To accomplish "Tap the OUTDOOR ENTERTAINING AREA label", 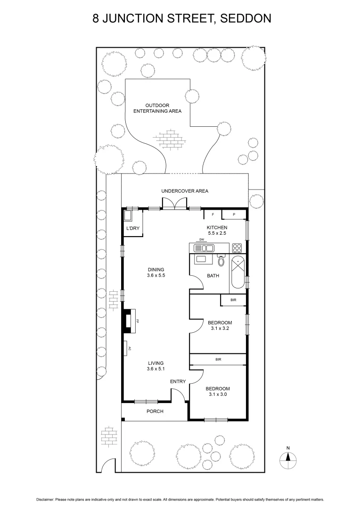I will click(157, 108).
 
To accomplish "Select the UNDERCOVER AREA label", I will click(185, 191).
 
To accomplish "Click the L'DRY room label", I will click(131, 229).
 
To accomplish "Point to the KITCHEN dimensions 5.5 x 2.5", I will click(217, 233).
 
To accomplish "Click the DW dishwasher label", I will click(202, 240).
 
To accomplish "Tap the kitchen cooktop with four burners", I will click(237, 247).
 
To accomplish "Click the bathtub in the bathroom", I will click(237, 274).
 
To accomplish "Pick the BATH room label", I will click(213, 276).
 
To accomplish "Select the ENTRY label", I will click(178, 381).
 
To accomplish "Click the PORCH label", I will click(155, 411).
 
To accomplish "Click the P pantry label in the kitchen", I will click(234, 215).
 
